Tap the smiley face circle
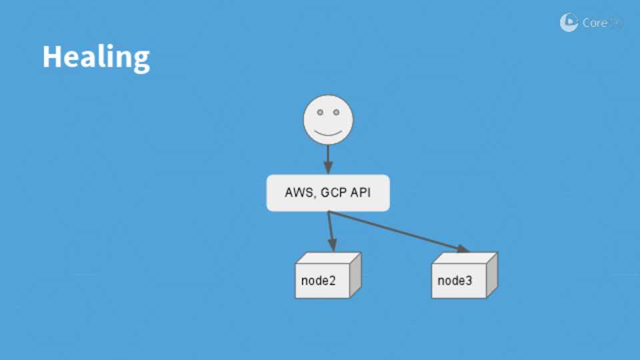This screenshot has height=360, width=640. click(328, 120)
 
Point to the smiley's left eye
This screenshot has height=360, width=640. click(319, 113)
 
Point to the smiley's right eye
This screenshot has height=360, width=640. click(336, 113)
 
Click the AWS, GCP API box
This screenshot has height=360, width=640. click(328, 193)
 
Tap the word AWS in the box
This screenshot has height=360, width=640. click(297, 193)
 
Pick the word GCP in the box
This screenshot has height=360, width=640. click(333, 193)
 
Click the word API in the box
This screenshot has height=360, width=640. click(361, 193)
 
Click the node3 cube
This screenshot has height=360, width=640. click(463, 276)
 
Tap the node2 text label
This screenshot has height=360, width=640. click(319, 280)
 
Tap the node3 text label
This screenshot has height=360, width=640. click(455, 280)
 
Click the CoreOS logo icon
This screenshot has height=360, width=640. click(569, 23)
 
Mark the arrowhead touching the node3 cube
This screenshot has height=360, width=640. click(462, 249)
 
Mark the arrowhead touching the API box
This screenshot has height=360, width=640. click(328, 169)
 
